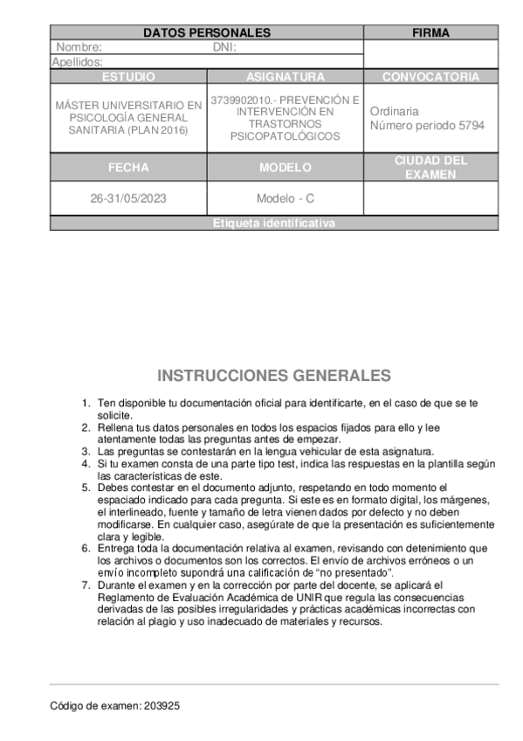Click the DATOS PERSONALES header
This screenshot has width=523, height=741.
coord(206,33)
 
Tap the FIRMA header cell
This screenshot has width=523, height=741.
coord(430,33)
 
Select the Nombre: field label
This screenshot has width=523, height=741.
coord(79,48)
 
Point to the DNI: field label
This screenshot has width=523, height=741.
coord(224,48)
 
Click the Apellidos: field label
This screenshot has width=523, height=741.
coord(78,62)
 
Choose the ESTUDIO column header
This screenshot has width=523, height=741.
coord(128,77)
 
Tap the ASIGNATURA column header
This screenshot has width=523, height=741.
coord(285,77)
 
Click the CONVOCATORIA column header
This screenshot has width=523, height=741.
coord(430,77)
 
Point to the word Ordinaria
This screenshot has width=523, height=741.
coord(394,112)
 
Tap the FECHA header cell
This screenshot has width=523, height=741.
coord(128,168)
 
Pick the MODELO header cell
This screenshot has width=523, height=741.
coord(285,168)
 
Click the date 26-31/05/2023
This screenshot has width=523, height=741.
coord(128,198)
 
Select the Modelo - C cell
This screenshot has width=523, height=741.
coord(285,198)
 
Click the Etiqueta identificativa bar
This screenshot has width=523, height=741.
coord(273,224)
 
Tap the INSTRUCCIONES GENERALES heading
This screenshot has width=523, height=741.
coord(273,376)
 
